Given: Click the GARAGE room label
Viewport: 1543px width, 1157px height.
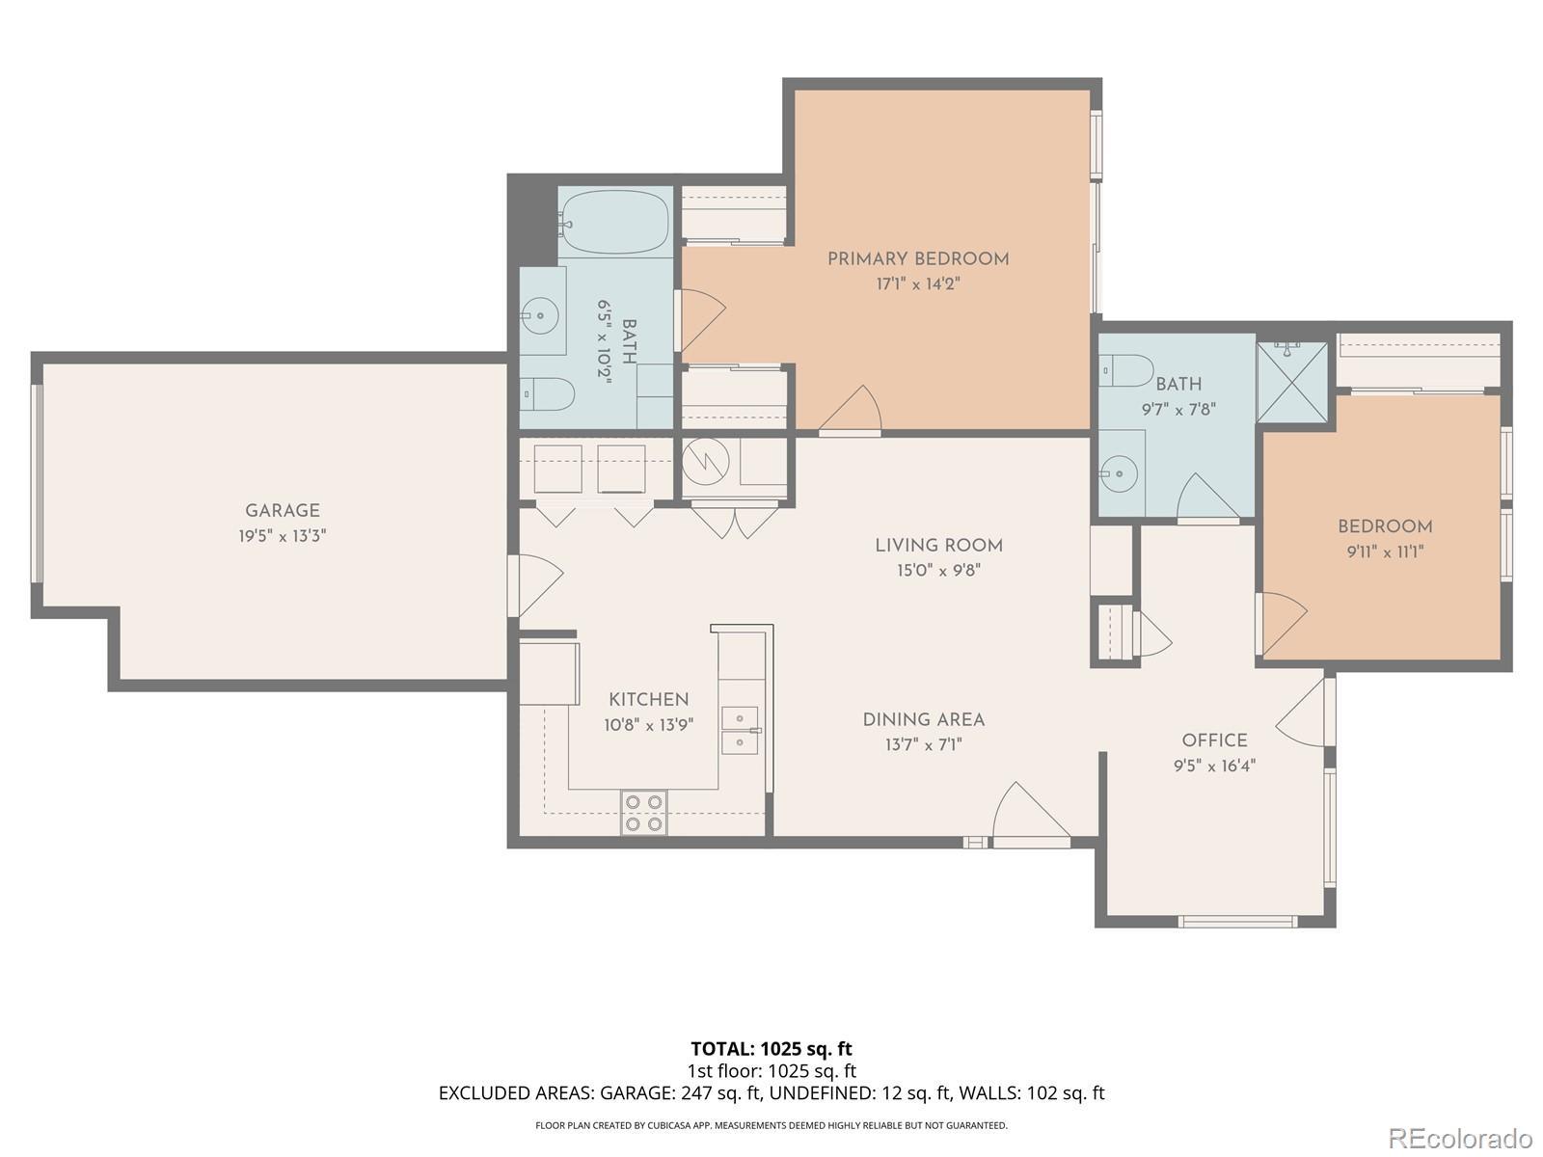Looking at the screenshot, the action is point(282,511).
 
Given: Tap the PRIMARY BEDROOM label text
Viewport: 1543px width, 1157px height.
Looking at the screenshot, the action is point(918,258).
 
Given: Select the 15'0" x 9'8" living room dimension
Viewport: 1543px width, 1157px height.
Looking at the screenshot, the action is point(938,570).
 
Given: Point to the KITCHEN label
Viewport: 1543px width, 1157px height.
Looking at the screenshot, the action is point(648,699).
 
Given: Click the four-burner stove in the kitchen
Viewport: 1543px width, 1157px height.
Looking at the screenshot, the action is point(644,812).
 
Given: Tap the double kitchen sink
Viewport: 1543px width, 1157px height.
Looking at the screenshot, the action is point(740,730).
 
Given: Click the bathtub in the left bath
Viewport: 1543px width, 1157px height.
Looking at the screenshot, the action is point(616,222).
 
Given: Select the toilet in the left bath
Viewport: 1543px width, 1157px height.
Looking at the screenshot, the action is point(547,393).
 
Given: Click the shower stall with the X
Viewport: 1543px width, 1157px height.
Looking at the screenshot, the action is point(1291,382).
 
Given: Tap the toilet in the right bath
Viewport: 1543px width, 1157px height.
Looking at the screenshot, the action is point(1126,370).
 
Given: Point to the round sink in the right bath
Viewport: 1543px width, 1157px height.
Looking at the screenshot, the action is point(1119,473).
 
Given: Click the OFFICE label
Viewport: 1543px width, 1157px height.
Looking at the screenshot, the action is point(1214,740).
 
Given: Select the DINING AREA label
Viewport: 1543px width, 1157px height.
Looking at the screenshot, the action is point(923,719).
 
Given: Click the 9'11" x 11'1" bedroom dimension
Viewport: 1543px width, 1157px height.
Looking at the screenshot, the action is point(1385,552).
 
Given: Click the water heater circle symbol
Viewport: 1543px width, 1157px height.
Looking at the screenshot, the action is point(705,462).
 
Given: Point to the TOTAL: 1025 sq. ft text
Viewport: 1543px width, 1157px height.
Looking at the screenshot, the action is point(771,1049).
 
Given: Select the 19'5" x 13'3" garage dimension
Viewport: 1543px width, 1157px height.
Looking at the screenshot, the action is point(282,536).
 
